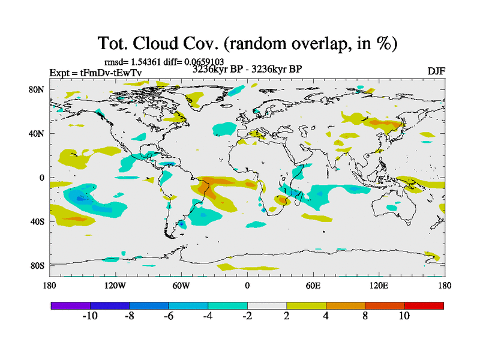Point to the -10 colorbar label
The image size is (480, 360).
pyautogui.click(x=89, y=317)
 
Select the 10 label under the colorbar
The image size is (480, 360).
pyautogui.click(x=404, y=317)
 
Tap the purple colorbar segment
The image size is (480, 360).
pyautogui.click(x=70, y=305)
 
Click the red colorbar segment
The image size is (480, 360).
pyautogui.click(x=424, y=305)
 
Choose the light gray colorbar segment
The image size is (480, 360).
pyautogui.click(x=267, y=305)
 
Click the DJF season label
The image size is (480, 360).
pyautogui.click(x=436, y=71)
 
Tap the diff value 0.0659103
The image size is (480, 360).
pyautogui.click(x=203, y=62)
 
